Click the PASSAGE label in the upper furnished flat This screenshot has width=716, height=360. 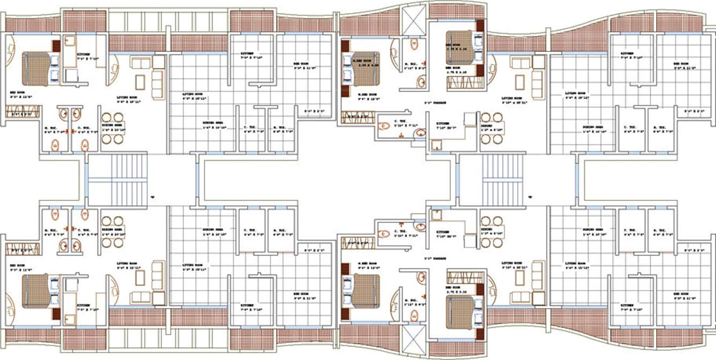(435, 102)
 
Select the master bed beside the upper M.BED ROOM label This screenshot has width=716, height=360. (367, 69)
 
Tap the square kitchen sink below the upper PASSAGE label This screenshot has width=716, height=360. (436, 144)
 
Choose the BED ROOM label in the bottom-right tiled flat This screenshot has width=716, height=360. (681, 294)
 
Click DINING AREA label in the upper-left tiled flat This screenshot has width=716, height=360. (213, 123)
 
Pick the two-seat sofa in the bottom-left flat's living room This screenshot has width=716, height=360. (141, 297)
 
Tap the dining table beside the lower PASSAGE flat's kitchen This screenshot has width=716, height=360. (491, 231)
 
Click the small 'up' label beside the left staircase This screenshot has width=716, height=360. (153, 196)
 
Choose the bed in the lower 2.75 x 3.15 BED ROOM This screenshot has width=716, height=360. (461, 312)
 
